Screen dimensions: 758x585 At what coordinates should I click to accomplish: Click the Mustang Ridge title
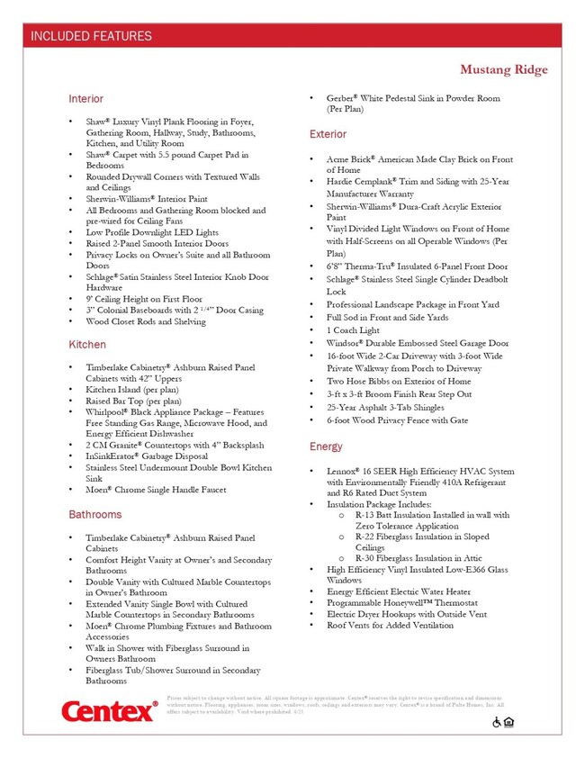tap(504, 70)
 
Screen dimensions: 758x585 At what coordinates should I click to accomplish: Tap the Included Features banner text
tap(91, 37)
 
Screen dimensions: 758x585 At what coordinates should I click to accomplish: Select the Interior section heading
tap(85, 98)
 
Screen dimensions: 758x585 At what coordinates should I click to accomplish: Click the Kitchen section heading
tap(86, 345)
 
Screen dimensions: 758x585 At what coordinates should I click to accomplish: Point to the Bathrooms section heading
tap(94, 515)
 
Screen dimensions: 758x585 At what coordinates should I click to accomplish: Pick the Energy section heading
tap(325, 447)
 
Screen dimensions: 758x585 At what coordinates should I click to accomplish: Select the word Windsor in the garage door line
tap(347, 343)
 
